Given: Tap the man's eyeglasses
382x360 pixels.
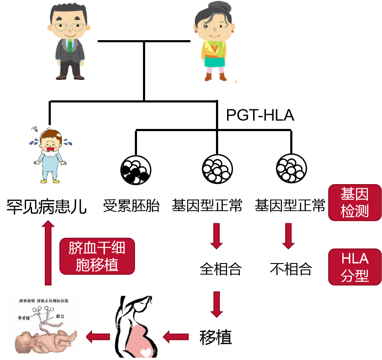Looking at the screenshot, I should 69,28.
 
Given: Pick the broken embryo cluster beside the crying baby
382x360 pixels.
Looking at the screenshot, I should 135,171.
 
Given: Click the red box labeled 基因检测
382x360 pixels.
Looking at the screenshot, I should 355,202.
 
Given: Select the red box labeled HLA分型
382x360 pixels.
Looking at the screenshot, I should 355,267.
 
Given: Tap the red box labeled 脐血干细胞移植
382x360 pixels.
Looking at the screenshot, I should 97,256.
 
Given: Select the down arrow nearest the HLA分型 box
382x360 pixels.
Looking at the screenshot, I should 289,236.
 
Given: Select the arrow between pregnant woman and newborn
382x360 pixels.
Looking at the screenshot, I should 98,337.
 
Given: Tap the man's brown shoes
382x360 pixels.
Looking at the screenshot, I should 69,77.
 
